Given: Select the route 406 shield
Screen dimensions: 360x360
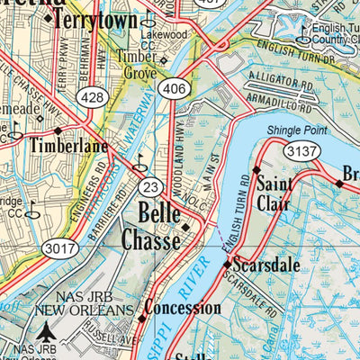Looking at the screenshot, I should point(175,87).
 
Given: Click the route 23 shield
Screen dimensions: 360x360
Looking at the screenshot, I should point(151,186).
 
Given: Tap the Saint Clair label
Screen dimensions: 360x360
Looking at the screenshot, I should point(272,195).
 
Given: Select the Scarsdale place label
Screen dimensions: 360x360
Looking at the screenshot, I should point(266,266).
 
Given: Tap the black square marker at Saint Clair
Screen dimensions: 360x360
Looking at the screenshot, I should point(256,169).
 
